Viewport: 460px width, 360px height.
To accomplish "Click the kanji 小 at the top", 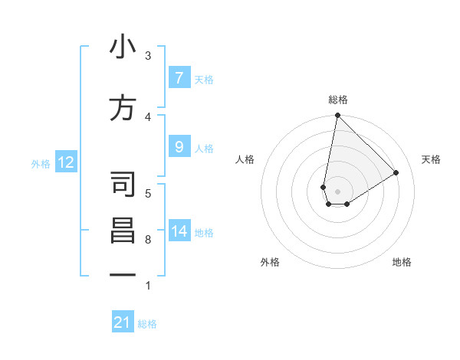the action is tap(123, 47).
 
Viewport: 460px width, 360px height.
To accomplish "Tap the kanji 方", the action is tap(123, 108).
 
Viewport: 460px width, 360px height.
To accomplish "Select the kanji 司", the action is tap(123, 185).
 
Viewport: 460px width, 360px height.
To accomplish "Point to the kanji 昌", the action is tap(123, 231).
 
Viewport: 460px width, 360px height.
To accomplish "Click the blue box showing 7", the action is tap(179, 77).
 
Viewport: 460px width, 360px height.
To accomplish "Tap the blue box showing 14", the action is tap(179, 231).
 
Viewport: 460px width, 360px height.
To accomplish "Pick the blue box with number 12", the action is tap(65, 162).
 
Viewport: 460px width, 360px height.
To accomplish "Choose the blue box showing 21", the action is tap(123, 322).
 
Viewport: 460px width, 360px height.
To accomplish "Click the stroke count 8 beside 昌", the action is tap(147, 240).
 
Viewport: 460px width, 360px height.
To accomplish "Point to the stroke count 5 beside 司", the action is tap(147, 193).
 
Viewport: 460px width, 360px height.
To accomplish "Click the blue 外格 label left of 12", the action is tap(41, 163).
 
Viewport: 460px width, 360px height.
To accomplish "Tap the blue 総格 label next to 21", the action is tap(147, 324).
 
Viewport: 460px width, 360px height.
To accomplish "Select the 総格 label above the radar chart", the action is tap(338, 100).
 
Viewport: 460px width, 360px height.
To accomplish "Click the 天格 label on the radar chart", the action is tap(431, 159).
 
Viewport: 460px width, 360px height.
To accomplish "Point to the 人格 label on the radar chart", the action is tap(245, 159).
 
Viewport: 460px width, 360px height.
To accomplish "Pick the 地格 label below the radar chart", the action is tap(402, 262).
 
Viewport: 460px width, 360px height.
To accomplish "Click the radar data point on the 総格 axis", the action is tap(337, 116).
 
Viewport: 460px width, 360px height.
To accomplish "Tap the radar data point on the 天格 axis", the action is tap(396, 172).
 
